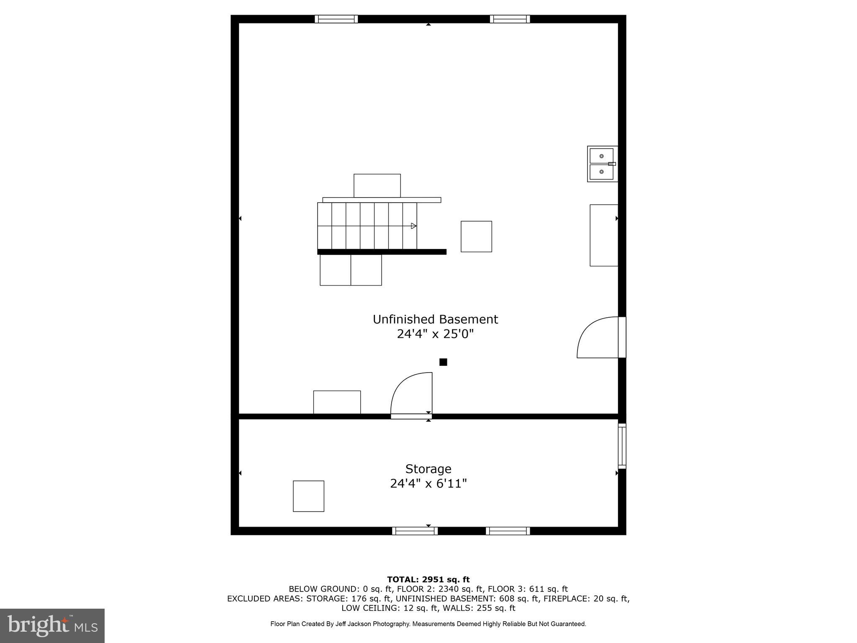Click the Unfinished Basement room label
[435, 319]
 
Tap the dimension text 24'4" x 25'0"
[435, 334]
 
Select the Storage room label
[428, 468]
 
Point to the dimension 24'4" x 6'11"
[428, 484]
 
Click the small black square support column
[443, 362]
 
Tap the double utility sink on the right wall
[602, 164]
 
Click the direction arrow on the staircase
[413, 226]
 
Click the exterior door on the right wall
[622, 337]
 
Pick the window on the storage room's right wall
[622, 446]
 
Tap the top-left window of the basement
[336, 19]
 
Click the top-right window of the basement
[510, 19]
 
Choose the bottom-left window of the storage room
[415, 531]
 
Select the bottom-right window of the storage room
[508, 531]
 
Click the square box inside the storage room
[308, 496]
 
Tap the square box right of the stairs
[476, 237]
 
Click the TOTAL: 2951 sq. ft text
[428, 579]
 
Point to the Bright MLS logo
[52, 625]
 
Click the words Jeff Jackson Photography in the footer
[372, 624]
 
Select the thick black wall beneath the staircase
[382, 252]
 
